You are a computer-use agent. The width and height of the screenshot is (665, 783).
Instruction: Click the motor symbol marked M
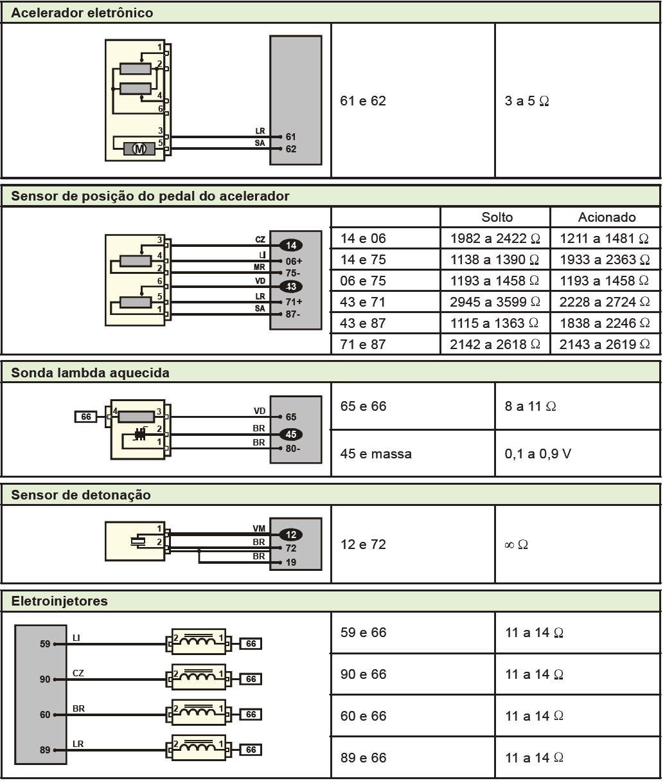coord(139,148)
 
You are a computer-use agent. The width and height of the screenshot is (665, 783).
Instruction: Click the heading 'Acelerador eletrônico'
coord(82,13)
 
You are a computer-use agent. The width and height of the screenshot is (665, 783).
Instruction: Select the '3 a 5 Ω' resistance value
coord(527,101)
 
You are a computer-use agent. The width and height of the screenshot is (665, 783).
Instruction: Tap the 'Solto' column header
coord(497,217)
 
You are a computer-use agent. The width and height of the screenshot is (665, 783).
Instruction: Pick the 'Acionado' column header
coord(607,217)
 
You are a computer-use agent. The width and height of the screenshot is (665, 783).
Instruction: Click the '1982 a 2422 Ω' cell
coord(495,239)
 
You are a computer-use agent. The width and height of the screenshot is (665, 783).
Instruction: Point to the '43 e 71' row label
coord(363,301)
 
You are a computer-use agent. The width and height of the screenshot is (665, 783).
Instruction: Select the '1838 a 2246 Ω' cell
coord(605,323)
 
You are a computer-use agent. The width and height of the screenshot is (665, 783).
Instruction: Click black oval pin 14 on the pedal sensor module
coord(291,245)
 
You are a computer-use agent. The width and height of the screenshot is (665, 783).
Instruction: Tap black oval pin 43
coord(291,287)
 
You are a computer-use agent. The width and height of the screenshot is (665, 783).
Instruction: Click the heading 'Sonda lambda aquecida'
coord(90,373)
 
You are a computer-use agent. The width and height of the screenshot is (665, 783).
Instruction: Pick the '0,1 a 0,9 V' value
coord(538,454)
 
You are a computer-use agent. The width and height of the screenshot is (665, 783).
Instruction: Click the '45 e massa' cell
coord(376,454)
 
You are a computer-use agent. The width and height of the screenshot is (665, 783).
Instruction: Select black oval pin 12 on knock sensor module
coord(291,535)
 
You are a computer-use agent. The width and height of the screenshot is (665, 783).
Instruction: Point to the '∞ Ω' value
coord(516,545)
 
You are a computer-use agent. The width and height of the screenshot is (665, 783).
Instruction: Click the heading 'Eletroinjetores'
coord(59,602)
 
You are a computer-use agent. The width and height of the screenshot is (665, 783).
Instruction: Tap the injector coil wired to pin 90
coord(199,678)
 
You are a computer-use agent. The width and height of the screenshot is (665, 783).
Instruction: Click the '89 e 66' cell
coord(364,758)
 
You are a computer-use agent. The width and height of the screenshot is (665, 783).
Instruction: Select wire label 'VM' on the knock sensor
coord(259,528)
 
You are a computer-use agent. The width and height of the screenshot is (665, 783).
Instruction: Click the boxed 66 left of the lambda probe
coord(85,417)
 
